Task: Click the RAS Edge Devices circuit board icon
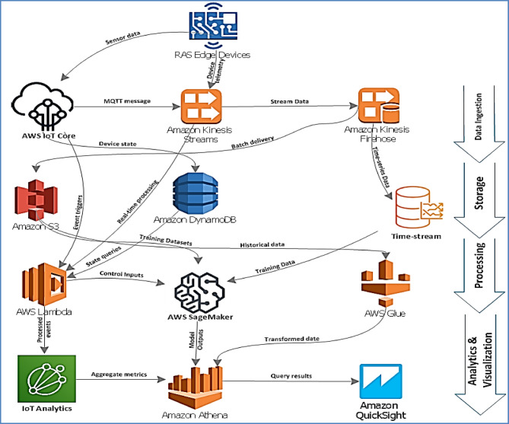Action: coord(213,26)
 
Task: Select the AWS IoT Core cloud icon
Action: coord(43,107)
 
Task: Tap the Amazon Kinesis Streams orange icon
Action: coord(201,105)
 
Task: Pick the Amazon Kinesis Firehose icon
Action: coord(378,105)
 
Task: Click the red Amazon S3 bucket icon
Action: coord(36,199)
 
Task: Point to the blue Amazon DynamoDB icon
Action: coord(196,193)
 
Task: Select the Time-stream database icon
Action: coord(419,208)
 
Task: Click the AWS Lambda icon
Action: coord(44,284)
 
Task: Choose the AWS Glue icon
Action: coord(386,283)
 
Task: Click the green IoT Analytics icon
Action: coord(46,378)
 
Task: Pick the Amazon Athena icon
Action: coord(196,387)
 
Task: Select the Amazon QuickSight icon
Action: coord(380,381)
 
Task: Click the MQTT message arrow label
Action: coord(127,101)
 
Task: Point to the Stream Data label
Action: coord(290,101)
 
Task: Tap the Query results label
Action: coord(291,375)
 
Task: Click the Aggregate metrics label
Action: coord(119,375)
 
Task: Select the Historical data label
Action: coord(262,244)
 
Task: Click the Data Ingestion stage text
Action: coord(478,116)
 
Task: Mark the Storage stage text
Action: coord(479,193)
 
